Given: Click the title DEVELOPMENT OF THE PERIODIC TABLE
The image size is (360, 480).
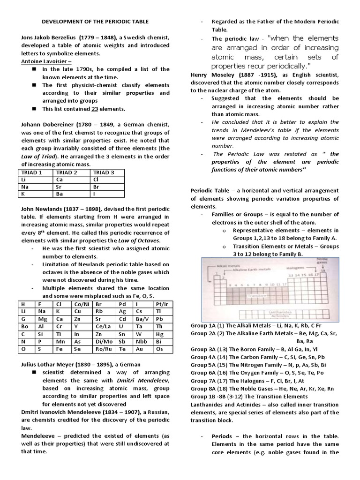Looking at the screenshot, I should (x=96, y=22).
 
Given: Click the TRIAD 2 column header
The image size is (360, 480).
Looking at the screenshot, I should (x=66, y=172).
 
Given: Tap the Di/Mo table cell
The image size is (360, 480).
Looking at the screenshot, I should (x=103, y=342).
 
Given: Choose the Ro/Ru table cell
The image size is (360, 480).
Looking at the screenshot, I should (x=103, y=349).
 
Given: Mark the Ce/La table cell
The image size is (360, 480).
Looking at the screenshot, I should (x=103, y=327).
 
